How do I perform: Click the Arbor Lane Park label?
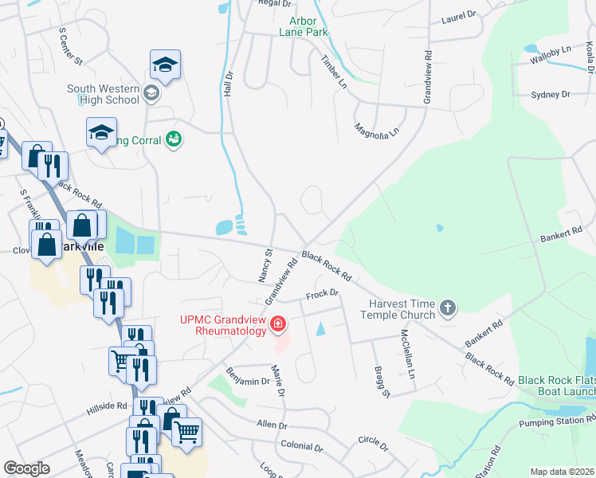coord(304,26)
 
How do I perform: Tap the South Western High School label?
coord(103,94)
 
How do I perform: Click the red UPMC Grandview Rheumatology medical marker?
coord(278,323)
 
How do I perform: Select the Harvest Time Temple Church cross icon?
coord(449,308)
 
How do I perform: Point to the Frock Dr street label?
coord(323,295)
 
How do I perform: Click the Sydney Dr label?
coord(551,95)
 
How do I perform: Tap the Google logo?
coord(26,468)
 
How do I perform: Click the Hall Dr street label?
coord(228,84)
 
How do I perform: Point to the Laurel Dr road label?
coord(458,14)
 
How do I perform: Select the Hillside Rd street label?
coord(107,406)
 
